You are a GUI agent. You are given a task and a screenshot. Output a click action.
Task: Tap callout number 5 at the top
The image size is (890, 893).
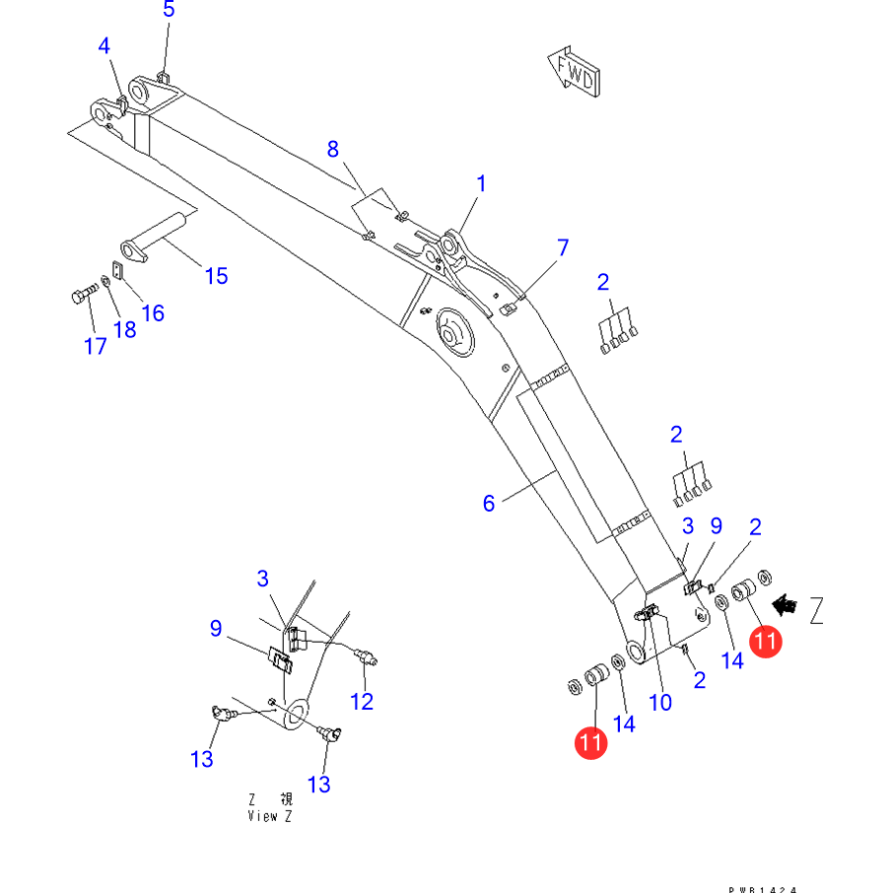[169, 10]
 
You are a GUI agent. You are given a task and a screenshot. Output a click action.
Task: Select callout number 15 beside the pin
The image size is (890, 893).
[216, 275]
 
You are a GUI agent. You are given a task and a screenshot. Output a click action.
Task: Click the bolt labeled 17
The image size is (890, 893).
[83, 295]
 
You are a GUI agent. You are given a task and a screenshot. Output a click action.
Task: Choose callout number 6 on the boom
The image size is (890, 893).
[489, 504]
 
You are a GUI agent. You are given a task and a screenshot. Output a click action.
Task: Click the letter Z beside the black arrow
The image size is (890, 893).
[817, 611]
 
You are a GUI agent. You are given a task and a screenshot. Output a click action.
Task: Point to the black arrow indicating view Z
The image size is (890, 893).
[786, 604]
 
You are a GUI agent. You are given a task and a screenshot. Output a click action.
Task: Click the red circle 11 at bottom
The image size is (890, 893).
[591, 743]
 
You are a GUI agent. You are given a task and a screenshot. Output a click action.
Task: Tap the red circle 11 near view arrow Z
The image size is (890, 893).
[766, 642]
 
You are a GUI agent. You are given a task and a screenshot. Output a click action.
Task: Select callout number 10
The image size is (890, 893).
[659, 702]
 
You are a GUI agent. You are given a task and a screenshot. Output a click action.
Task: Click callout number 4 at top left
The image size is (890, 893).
[104, 46]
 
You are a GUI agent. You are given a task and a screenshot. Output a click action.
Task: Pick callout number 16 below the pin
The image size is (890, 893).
[153, 312]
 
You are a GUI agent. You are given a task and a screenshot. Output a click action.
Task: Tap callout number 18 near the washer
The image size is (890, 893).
[124, 329]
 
